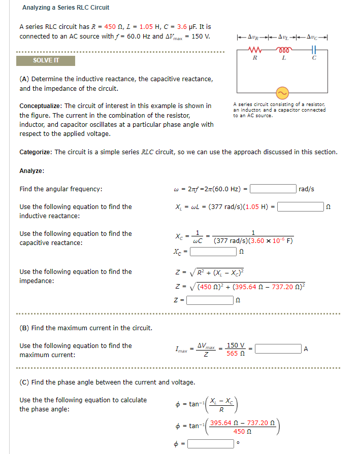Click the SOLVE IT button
click(x=46, y=61)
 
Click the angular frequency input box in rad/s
click(x=273, y=189)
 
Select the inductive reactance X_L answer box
click(x=300, y=207)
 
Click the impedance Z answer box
click(x=209, y=300)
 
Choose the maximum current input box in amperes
click(x=278, y=349)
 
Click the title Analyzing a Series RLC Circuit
click(x=66, y=8)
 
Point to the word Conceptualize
click(x=40, y=106)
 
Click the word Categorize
click(x=35, y=152)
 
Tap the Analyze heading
click(x=31, y=171)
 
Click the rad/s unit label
click(x=307, y=189)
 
